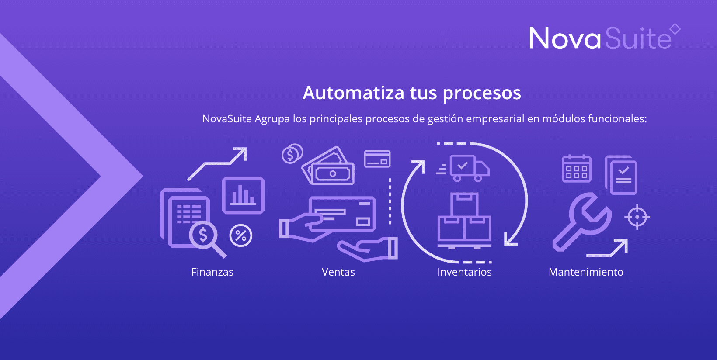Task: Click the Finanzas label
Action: click(x=212, y=272)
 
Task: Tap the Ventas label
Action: click(x=338, y=272)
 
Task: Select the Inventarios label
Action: click(x=464, y=272)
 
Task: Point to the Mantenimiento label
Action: click(x=586, y=272)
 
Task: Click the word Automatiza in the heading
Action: click(x=354, y=93)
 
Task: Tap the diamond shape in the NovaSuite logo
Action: click(x=675, y=29)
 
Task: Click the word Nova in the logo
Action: click(x=565, y=38)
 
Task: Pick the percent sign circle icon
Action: click(x=241, y=236)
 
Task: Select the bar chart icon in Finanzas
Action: click(x=243, y=195)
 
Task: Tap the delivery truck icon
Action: click(x=463, y=168)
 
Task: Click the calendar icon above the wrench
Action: click(x=577, y=168)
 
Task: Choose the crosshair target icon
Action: click(x=637, y=217)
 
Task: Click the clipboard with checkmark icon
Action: click(x=621, y=175)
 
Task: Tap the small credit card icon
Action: click(x=377, y=159)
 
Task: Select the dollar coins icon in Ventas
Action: click(x=292, y=154)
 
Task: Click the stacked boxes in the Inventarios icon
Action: click(x=464, y=221)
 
